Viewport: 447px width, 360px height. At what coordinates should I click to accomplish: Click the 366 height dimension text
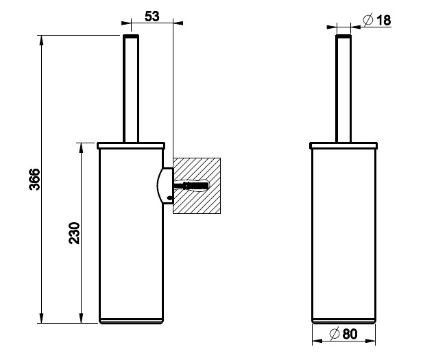(35, 179)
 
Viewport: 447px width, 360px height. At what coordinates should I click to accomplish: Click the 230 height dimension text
(75, 233)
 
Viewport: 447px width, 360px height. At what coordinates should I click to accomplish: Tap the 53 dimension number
(152, 16)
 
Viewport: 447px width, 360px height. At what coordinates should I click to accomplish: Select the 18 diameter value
(384, 21)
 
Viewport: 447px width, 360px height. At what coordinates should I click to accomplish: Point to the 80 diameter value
(350, 334)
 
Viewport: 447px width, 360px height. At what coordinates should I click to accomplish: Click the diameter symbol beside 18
(368, 20)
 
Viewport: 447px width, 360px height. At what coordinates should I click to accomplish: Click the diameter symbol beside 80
(335, 334)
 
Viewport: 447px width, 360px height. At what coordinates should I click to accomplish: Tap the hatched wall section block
(197, 186)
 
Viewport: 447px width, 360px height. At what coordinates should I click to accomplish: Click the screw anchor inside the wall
(191, 186)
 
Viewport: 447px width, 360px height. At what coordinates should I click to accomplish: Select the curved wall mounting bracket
(165, 186)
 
